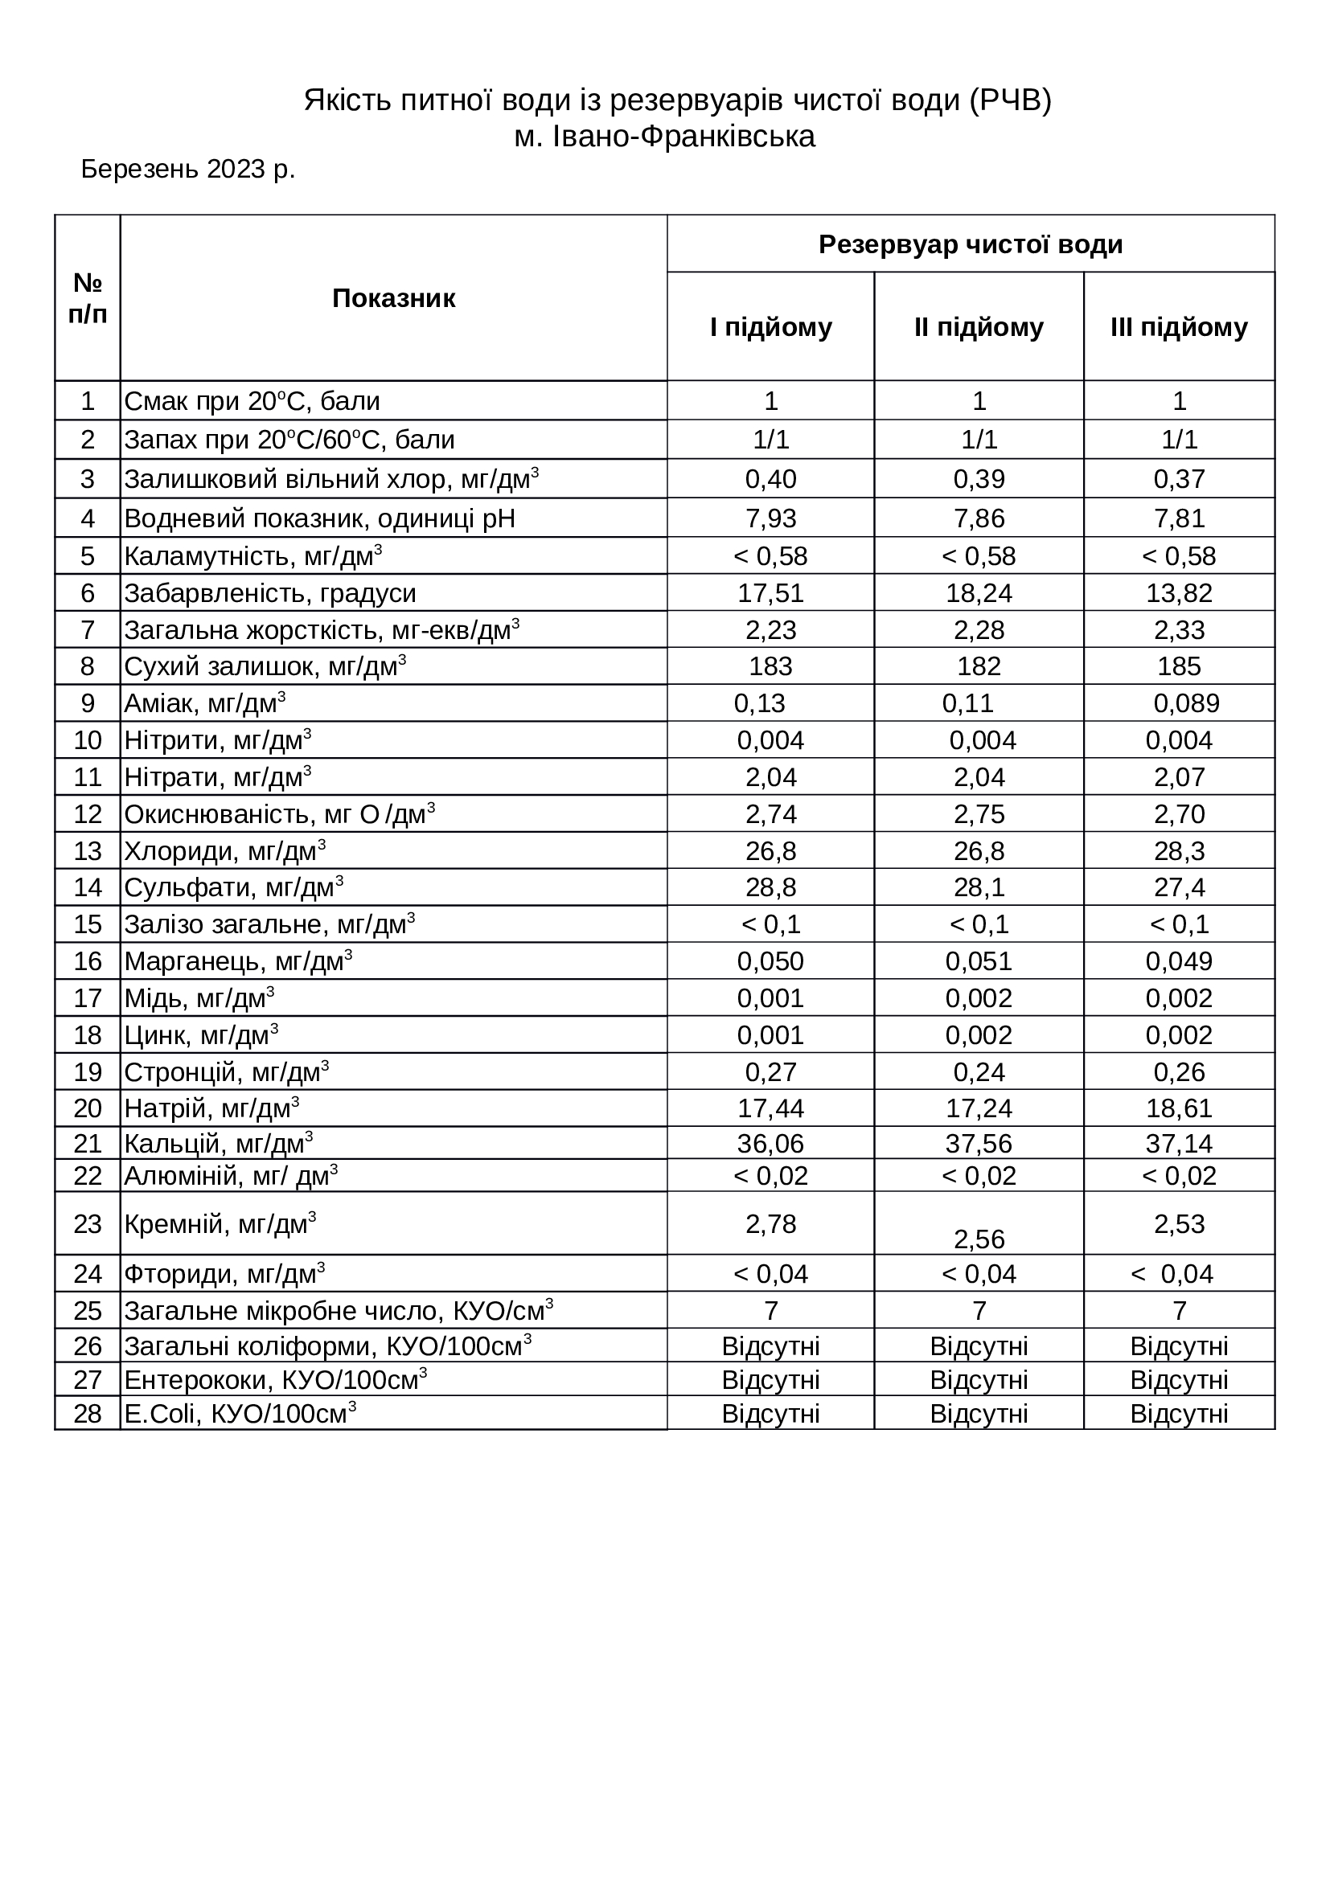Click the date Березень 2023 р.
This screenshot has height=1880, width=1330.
tap(187, 170)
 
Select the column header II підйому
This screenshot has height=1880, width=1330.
tap(979, 327)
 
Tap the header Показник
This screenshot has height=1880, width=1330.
tap(393, 299)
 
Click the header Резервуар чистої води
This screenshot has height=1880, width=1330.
tap(971, 245)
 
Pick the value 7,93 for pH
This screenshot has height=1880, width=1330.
tap(770, 518)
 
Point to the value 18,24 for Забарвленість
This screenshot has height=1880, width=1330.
tap(979, 593)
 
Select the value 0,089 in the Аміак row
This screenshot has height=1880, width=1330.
tap(1186, 703)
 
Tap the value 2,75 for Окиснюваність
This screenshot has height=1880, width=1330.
tap(979, 814)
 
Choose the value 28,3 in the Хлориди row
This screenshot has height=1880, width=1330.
tap(1180, 850)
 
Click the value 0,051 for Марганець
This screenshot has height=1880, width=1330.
tap(979, 961)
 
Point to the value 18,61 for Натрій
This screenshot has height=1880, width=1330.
tap(1180, 1108)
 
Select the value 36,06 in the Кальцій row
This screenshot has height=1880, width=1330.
tap(770, 1143)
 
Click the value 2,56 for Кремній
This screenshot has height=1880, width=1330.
tap(979, 1239)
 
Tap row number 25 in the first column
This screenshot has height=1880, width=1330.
tap(88, 1311)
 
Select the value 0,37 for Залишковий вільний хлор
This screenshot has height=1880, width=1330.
tap(1180, 479)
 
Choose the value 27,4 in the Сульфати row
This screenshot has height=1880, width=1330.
tap(1180, 887)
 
